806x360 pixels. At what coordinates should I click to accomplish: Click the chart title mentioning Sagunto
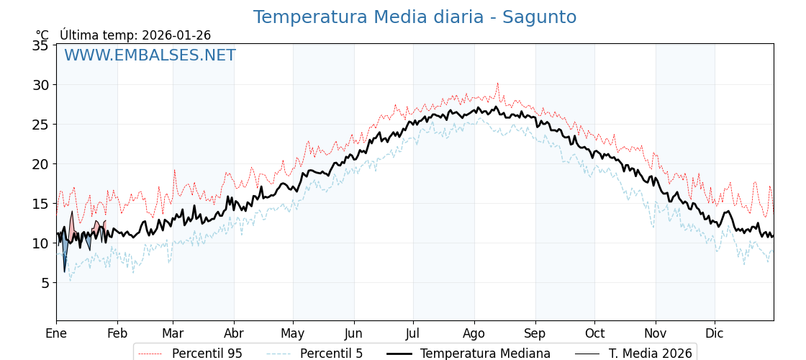(415, 17)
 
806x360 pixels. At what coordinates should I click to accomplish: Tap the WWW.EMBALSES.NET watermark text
(150, 55)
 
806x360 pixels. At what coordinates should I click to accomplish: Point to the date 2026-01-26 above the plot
(176, 35)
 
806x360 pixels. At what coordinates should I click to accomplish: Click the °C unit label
(42, 35)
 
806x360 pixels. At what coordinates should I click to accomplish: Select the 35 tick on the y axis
(41, 45)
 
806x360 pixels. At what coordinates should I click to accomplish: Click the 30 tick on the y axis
(41, 85)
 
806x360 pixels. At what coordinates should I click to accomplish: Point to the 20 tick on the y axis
(41, 164)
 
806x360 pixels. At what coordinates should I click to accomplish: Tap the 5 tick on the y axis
(45, 283)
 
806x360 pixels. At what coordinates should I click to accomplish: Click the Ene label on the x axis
(56, 333)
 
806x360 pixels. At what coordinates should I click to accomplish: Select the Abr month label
(234, 333)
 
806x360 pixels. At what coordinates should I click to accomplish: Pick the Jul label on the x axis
(413, 333)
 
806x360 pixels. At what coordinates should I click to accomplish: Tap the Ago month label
(474, 333)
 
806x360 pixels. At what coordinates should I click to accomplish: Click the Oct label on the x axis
(594, 333)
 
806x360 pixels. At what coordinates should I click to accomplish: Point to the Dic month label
(715, 333)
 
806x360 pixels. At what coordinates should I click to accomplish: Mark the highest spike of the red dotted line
(497, 84)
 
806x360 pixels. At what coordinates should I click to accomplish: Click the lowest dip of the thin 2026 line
(64, 271)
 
